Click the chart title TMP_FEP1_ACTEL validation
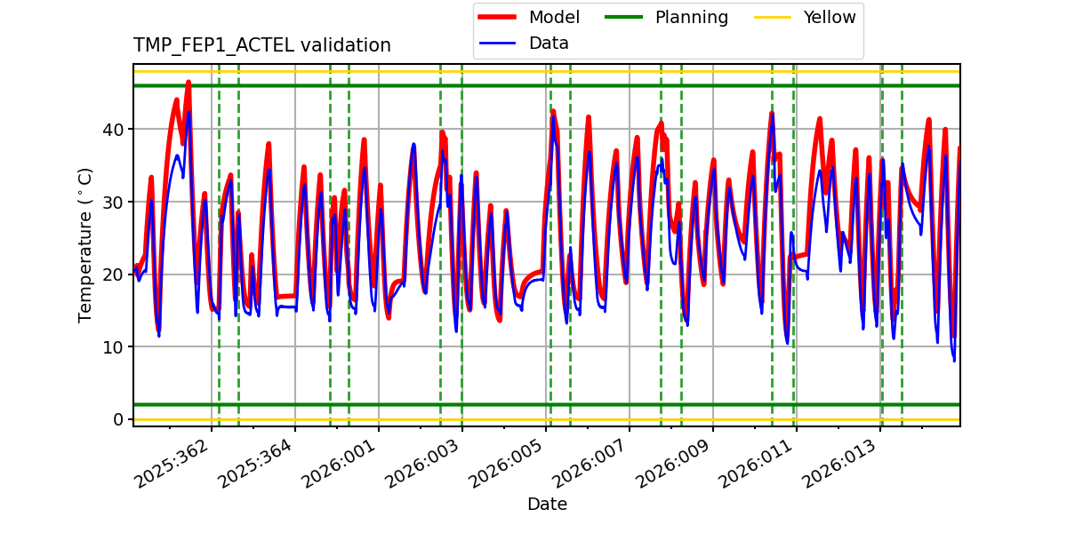261,45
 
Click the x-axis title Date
547,505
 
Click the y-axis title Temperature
86,244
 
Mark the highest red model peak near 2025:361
189,83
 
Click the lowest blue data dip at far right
954,360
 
